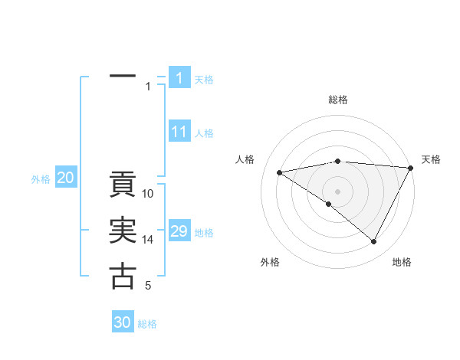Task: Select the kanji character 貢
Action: (123, 186)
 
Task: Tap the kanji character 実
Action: (123, 232)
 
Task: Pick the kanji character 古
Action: (123, 276)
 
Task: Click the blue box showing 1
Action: (179, 78)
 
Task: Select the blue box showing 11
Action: (179, 132)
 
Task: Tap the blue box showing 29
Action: (179, 231)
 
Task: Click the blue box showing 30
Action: (123, 322)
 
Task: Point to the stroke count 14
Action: (148, 240)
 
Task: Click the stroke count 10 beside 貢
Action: (148, 194)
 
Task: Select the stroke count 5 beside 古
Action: (148, 286)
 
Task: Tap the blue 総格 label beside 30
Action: (147, 324)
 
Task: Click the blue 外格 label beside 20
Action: (41, 179)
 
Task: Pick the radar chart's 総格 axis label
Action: (337, 100)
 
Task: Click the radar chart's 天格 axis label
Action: (432, 159)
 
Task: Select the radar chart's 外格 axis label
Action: (270, 262)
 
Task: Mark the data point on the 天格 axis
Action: (411, 168)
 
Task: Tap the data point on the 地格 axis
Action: (374, 242)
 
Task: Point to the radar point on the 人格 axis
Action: (280, 172)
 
